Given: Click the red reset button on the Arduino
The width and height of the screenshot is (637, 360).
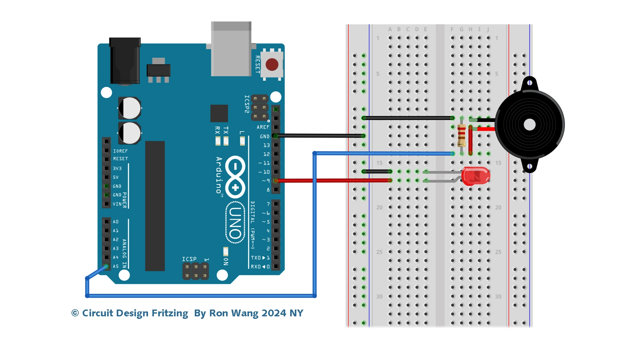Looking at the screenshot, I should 272,65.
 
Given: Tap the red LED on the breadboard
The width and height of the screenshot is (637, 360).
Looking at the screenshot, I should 475,176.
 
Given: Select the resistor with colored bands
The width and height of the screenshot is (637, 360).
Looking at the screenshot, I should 461,135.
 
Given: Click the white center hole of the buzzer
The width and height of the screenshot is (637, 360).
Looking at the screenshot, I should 529,125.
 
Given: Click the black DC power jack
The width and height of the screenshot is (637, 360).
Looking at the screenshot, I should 125,61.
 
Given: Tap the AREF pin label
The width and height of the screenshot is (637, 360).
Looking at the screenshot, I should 263,127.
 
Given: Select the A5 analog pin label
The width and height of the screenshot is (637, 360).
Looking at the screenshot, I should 116,266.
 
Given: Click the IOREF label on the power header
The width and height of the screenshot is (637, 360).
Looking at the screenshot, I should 120,151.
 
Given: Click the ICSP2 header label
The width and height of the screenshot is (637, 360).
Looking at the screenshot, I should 247,104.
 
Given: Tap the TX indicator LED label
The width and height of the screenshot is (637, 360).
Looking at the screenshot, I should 226,130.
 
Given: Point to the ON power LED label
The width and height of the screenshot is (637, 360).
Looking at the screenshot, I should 226,262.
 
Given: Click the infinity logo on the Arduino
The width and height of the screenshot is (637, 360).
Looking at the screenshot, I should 235,177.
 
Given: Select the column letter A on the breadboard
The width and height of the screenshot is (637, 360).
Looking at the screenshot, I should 390,29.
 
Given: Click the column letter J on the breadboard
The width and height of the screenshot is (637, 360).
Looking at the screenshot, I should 488,29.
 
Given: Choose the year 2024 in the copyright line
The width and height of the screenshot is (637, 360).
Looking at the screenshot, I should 274,313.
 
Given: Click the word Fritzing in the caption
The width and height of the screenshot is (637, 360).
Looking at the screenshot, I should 170,313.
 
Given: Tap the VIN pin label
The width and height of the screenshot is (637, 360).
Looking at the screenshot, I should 117,204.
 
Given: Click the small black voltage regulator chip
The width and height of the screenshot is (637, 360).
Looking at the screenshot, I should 158,70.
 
